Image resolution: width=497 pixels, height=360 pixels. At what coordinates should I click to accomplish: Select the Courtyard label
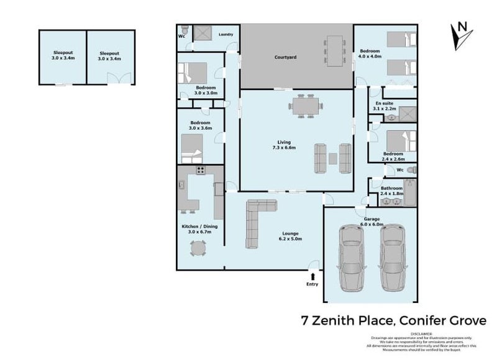click(x=285, y=58)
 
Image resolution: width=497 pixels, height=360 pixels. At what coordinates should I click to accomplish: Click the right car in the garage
click(x=392, y=258)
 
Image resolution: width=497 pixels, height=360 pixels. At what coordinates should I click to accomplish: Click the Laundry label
click(x=226, y=34)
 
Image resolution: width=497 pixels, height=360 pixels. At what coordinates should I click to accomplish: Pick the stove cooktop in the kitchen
click(x=201, y=169)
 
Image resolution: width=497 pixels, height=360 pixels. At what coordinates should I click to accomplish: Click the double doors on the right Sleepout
click(x=119, y=78)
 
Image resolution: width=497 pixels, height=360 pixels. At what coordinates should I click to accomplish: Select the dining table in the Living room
click(x=305, y=105)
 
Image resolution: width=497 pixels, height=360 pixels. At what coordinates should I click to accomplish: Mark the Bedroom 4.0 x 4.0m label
click(x=370, y=53)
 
